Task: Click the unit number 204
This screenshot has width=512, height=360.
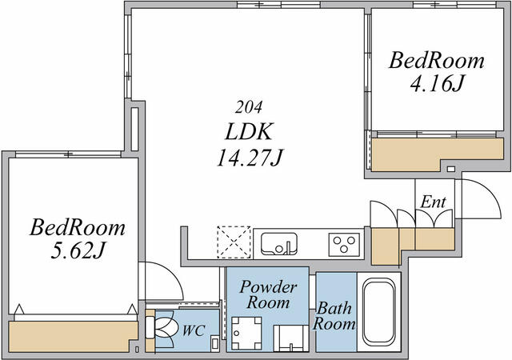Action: (249, 107)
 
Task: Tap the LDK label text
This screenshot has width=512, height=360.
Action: (249, 132)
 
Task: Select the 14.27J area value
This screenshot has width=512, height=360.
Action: (250, 158)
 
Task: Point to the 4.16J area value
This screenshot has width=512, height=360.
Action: (437, 84)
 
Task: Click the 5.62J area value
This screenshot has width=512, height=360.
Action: (78, 251)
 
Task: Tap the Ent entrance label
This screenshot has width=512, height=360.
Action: (433, 202)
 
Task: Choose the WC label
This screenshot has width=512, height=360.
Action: (194, 330)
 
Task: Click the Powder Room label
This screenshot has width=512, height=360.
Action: (269, 294)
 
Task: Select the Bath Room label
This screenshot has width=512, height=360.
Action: (334, 316)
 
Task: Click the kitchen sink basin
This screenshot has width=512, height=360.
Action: (279, 244)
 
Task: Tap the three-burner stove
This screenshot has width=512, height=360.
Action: (344, 244)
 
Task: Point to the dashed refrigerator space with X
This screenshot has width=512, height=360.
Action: (234, 242)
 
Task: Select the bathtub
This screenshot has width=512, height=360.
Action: (378, 312)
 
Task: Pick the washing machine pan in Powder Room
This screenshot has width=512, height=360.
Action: (246, 333)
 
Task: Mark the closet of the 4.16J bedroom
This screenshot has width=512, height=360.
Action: (438, 154)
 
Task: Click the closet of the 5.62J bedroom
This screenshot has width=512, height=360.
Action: (73, 336)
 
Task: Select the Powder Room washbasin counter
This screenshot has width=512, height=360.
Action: (291, 338)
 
